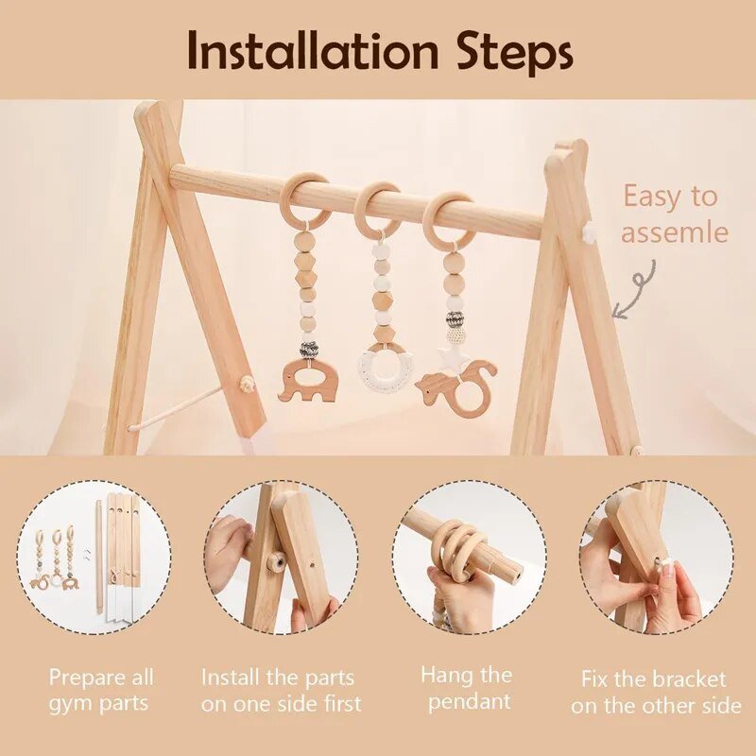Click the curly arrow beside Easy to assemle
(x=634, y=288)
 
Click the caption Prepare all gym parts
(x=101, y=690)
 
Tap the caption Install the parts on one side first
(x=281, y=690)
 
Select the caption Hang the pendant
(x=467, y=688)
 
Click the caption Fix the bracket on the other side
(x=655, y=692)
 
